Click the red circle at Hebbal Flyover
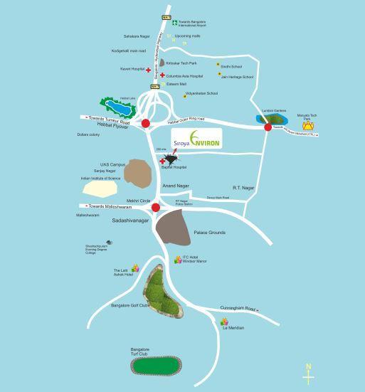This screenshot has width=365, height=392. pyautogui.click(x=146, y=124)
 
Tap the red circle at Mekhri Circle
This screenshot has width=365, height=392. pyautogui.click(x=155, y=207)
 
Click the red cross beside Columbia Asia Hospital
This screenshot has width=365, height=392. pyautogui.click(x=162, y=75)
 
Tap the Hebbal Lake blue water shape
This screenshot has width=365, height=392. pyautogui.click(x=117, y=108)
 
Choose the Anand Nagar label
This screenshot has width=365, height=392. pyautogui.click(x=176, y=186)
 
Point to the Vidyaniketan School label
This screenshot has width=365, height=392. pyautogui.click(x=201, y=93)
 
